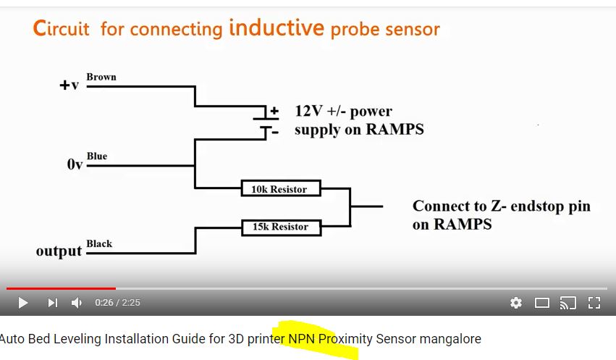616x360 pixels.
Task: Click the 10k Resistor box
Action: pyautogui.click(x=279, y=189)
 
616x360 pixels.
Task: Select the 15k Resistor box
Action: pyautogui.click(x=280, y=227)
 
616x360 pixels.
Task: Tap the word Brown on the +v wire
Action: pyautogui.click(x=101, y=77)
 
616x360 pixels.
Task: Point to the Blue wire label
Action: pyautogui.click(x=97, y=156)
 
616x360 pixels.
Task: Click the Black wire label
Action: pyautogui.click(x=99, y=243)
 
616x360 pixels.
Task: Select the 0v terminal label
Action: pyautogui.click(x=75, y=164)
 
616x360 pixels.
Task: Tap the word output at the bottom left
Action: pyautogui.click(x=59, y=251)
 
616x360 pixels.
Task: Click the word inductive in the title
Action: pyautogui.click(x=276, y=28)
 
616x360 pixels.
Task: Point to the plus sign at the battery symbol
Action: pyautogui.click(x=274, y=112)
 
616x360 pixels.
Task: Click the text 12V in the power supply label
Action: pyautogui.click(x=308, y=112)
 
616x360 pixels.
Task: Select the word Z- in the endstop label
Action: pyautogui.click(x=498, y=206)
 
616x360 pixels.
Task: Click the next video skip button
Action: pyautogui.click(x=52, y=303)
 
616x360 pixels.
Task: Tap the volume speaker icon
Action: pyautogui.click(x=77, y=303)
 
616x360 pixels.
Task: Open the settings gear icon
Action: pyautogui.click(x=516, y=303)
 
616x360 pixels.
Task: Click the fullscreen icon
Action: pyautogui.click(x=594, y=303)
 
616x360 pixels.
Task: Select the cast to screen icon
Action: pyautogui.click(x=568, y=303)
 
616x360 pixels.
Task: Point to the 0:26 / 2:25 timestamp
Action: pyautogui.click(x=117, y=303)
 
